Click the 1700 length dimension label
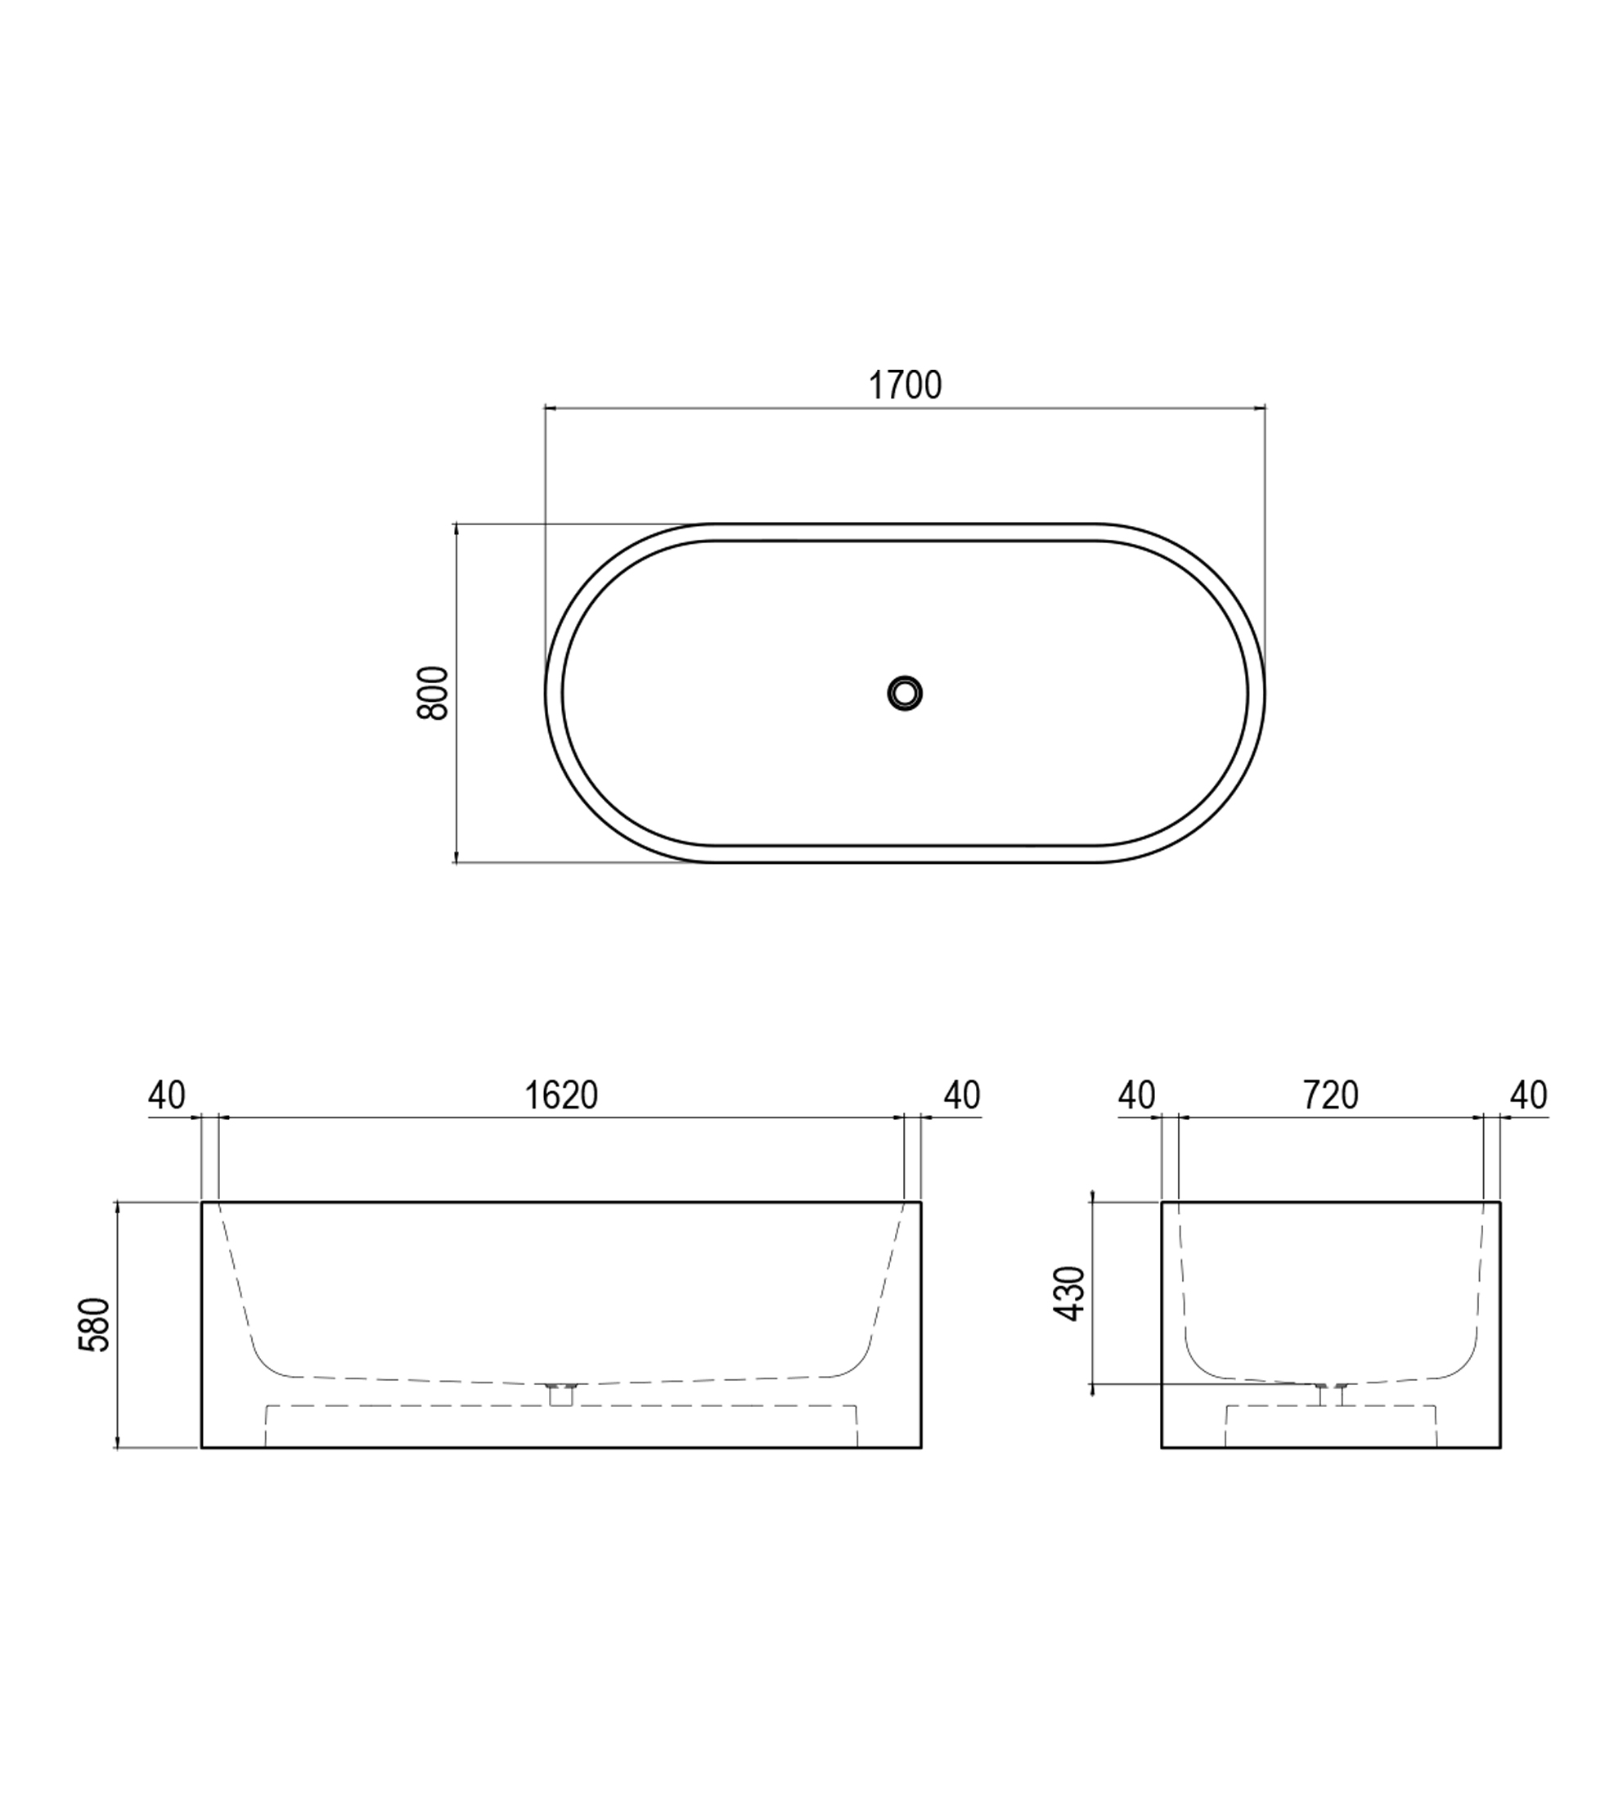tap(904, 385)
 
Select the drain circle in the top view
tap(905, 692)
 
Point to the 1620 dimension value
tap(561, 1095)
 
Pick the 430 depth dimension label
tap(1069, 1293)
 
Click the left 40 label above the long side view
tap(167, 1095)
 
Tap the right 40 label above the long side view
tap(961, 1095)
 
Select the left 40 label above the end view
tap(1136, 1095)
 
